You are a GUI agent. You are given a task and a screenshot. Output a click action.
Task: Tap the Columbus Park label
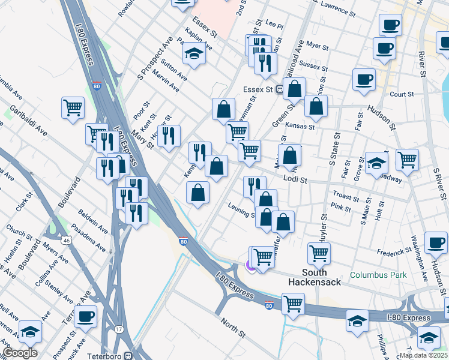coord(378,275)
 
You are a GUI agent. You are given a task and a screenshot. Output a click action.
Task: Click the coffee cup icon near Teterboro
coord(85,316)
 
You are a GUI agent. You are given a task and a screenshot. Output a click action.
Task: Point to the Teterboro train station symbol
coord(128,355)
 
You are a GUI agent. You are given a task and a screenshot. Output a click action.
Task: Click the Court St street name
coord(402,94)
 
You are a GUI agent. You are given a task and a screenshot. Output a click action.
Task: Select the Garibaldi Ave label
coord(28,120)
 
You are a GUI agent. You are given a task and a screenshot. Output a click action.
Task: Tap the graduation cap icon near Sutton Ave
coord(194,53)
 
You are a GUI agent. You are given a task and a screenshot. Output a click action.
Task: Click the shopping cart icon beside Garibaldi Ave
coord(73,108)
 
